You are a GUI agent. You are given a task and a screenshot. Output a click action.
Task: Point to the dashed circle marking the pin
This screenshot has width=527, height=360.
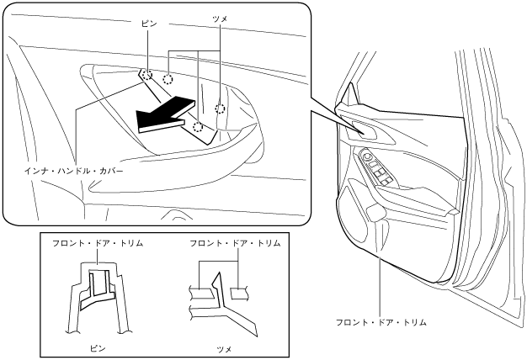[146, 74]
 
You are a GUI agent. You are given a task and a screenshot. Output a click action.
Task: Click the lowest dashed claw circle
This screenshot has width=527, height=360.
[198, 127]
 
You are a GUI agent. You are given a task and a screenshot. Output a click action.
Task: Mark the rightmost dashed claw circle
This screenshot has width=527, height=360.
[221, 108]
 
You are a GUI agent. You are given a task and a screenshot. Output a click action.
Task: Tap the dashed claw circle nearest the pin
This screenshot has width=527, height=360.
[168, 79]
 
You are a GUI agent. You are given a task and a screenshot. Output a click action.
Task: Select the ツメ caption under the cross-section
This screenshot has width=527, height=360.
[224, 347]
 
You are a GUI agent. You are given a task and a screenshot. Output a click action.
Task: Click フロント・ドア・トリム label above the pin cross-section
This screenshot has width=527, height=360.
[98, 243]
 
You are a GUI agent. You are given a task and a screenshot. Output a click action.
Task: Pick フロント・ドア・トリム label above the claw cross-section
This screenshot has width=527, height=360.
[234, 243]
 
